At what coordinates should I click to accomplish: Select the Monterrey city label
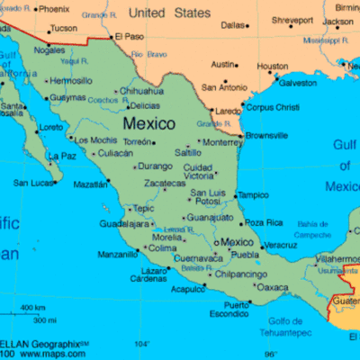(222, 142)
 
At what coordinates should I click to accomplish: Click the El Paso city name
(128, 36)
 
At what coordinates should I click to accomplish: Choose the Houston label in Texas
(273, 66)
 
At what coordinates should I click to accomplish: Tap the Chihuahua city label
(142, 91)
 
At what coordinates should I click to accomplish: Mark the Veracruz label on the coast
(281, 245)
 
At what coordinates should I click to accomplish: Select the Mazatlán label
(90, 184)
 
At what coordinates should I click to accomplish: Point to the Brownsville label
(265, 135)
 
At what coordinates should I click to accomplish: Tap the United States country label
(169, 13)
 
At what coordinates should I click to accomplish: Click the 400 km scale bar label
(32, 309)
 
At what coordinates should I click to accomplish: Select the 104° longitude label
(142, 344)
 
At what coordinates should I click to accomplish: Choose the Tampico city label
(253, 194)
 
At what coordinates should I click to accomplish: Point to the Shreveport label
(293, 20)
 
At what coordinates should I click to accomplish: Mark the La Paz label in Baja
(63, 156)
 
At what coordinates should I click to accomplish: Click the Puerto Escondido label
(229, 310)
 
